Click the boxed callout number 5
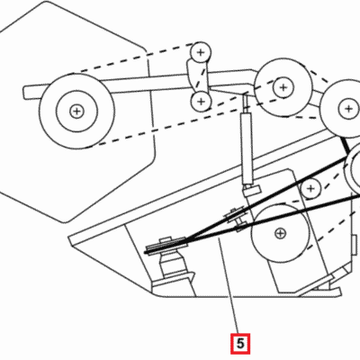click(240, 344)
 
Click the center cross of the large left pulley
click(77, 112)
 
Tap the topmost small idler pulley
click(201, 53)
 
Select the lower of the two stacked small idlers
click(201, 102)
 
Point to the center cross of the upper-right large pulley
click(283, 87)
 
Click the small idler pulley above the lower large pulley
click(311, 189)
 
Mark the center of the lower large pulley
click(280, 233)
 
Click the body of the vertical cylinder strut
click(247, 148)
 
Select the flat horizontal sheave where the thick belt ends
click(166, 245)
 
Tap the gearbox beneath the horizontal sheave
click(172, 263)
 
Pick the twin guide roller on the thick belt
click(237, 219)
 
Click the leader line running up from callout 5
click(230, 285)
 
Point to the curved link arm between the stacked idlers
click(195, 76)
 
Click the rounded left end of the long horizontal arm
click(27, 93)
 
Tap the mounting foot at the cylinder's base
click(251, 190)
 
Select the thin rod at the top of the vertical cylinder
click(246, 103)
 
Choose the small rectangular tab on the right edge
click(355, 241)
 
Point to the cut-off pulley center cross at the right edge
click(348, 109)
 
